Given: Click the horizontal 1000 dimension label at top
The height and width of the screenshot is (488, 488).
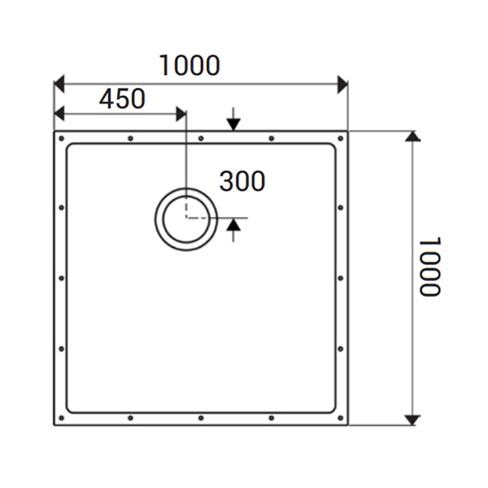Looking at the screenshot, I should click(189, 65).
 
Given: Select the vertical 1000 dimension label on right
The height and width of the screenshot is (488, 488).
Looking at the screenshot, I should click(429, 267).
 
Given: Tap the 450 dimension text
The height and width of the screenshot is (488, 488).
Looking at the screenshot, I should click(122, 98).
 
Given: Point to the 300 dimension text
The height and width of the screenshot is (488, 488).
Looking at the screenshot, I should click(242, 181).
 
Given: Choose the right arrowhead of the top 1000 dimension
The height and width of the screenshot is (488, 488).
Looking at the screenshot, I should click(342, 83).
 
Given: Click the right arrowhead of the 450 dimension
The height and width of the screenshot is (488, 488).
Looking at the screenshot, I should click(180, 113).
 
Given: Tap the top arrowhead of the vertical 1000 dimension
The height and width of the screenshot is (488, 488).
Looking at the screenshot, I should click(411, 136).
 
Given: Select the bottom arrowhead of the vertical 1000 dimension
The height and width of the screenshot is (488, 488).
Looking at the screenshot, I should click(411, 420).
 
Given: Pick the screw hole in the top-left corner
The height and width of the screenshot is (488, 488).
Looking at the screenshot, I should click(62, 139).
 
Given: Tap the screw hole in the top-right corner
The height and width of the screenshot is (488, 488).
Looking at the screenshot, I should click(342, 139).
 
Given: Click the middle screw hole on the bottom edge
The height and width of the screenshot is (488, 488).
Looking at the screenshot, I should click(200, 417).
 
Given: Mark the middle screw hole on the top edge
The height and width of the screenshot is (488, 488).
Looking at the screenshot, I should click(200, 139).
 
